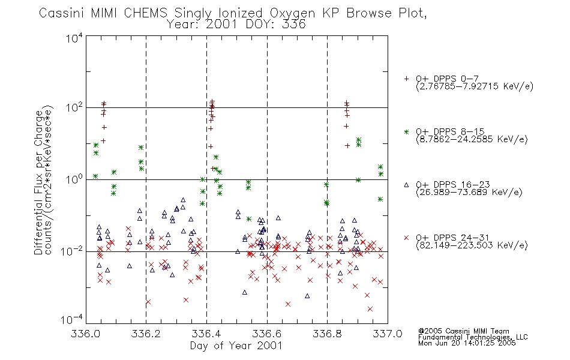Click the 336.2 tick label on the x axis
[146, 334]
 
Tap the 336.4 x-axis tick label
[206, 334]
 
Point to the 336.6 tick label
[267, 334]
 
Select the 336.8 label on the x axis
[327, 334]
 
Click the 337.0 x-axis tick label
[388, 334]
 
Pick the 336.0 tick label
[85, 334]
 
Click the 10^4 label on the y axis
[74, 38]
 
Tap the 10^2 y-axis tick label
[74, 108]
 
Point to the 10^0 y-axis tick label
[74, 180]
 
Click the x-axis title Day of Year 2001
[236, 346]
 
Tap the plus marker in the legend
[406, 79]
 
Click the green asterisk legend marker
[406, 131]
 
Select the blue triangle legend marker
[406, 185]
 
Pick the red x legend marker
[406, 238]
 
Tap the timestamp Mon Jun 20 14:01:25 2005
[467, 343]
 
